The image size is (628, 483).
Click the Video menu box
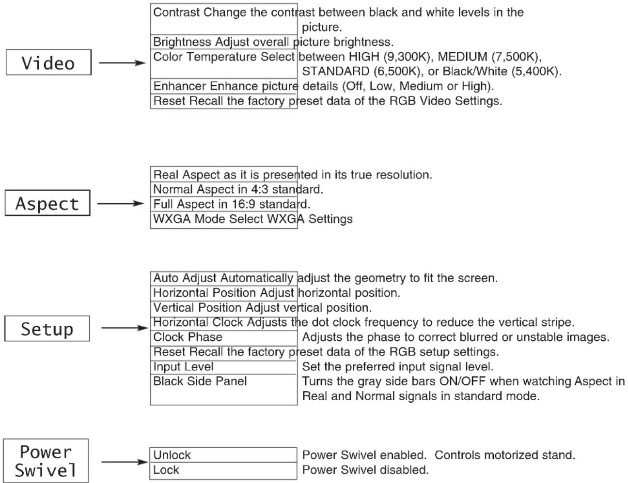(x=48, y=62)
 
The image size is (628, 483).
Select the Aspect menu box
(x=47, y=203)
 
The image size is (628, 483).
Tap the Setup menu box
(x=47, y=328)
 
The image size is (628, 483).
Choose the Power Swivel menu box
(x=46, y=460)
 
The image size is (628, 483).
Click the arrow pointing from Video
(x=122, y=62)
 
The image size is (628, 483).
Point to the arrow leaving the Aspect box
(x=121, y=203)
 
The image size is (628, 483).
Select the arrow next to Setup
(x=125, y=328)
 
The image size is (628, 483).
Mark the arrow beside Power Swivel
(x=125, y=462)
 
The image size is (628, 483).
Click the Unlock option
(x=172, y=455)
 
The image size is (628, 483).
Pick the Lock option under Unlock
(x=166, y=470)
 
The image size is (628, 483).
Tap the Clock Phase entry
(x=188, y=337)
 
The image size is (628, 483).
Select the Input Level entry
(x=183, y=366)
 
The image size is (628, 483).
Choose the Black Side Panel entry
(x=200, y=381)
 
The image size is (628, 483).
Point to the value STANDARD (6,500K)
(x=361, y=71)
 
